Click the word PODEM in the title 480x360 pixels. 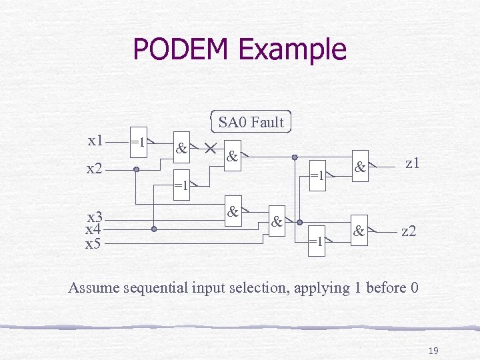pos(180,49)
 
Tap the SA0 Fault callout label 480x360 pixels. pos(251,122)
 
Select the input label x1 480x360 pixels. pos(96,140)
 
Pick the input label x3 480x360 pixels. pos(95,217)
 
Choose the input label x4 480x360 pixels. pos(93,229)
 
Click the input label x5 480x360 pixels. pos(93,243)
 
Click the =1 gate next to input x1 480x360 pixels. pos(139,142)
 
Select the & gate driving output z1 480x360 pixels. pos(359,168)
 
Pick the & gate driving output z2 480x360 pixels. pos(359,232)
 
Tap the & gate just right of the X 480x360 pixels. pos(232,157)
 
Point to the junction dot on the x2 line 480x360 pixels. pos(136,169)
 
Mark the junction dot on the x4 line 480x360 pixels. pos(154,229)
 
